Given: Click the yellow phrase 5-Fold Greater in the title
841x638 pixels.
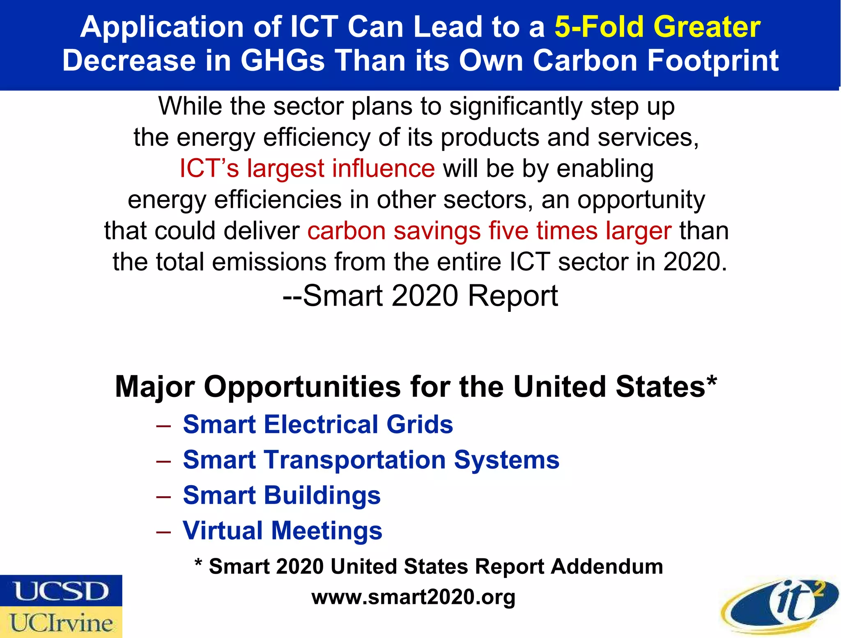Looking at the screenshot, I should coord(657,27).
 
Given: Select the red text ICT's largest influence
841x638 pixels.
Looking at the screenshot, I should coord(307,168).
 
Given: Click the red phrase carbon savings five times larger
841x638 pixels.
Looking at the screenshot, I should coord(489,231).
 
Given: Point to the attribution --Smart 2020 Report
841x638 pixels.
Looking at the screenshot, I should coord(420,296).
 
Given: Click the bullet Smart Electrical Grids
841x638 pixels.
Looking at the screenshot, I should coord(318,424).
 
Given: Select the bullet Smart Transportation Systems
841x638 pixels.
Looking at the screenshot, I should coord(371,460).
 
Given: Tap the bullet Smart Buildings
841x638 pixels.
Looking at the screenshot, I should coord(282,495).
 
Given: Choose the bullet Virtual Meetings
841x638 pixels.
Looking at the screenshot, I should coord(283,530).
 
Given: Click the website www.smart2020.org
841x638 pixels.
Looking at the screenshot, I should coord(413,597).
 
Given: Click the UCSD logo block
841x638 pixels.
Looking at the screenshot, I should coord(61,591).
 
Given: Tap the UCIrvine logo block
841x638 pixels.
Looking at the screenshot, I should coord(61,622).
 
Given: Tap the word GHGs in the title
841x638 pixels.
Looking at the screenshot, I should coord(282,61).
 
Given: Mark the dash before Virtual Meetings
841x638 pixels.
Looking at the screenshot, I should coord(163,531).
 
